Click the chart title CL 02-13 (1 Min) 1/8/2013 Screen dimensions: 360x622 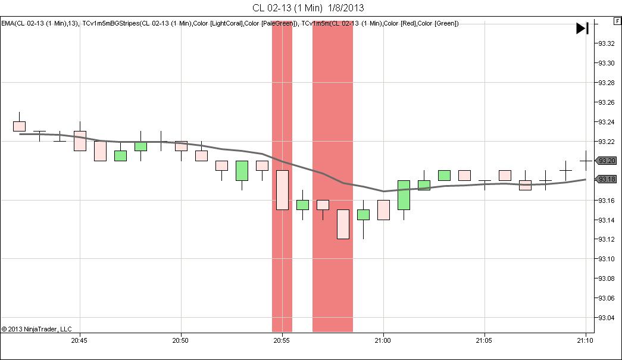coord(308,8)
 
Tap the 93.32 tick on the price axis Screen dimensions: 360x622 coord(607,43)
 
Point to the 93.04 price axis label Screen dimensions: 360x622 coord(607,317)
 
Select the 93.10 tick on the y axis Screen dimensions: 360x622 coord(607,259)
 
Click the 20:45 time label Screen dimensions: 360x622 coord(79,341)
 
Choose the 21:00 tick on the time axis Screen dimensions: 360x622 coord(383,341)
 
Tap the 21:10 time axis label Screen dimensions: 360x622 coord(586,341)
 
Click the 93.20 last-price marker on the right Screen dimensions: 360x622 coord(607,161)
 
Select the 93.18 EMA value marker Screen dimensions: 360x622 coord(607,180)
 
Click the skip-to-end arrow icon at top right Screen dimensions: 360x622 coord(582,28)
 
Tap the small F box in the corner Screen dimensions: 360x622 coord(617,21)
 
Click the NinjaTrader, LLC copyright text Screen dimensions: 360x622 coord(36,329)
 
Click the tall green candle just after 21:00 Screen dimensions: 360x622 coord(404,195)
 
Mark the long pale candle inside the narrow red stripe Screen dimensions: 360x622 coord(282,190)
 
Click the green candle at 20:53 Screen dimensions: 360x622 coord(242,170)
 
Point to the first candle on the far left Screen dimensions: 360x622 coord(19,126)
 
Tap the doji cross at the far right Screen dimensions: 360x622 coord(586,161)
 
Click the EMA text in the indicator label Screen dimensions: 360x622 coord(8,23)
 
